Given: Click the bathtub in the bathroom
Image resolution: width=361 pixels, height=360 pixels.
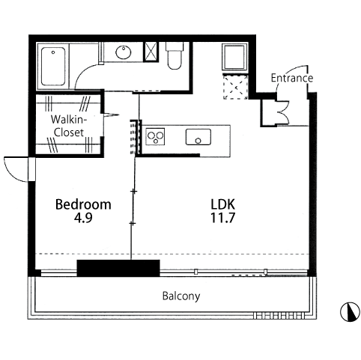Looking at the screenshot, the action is click(53, 66).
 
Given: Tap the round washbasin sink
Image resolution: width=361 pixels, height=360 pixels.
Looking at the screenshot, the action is click(124, 52).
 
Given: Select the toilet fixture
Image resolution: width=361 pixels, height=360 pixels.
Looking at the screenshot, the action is click(175, 55).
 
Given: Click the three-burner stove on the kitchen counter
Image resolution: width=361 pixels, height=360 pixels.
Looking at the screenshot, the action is click(155, 136).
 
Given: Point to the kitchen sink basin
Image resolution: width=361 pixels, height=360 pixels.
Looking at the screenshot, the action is click(198, 137).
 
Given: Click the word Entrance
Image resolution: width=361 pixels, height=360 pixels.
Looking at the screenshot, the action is click(292, 78).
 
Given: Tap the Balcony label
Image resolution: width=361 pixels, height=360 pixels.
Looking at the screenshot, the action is click(181, 296).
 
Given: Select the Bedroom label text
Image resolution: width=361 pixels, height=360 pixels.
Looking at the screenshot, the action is click(83, 204).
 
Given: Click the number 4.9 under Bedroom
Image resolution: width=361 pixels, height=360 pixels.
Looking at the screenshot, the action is click(83, 218).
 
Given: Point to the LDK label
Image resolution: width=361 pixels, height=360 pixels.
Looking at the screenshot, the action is click(223, 204).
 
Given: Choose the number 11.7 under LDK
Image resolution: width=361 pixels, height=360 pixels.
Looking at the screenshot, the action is click(222, 218).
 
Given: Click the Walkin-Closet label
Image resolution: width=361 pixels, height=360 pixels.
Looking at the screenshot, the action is click(69, 126).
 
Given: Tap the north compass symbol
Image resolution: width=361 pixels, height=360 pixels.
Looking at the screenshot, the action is click(350, 311).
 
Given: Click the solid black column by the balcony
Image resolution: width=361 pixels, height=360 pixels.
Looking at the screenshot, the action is click(118, 268).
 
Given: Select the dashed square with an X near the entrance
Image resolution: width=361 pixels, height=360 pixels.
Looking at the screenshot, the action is click(235, 87).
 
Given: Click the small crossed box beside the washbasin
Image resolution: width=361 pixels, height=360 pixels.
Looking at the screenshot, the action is click(151, 52).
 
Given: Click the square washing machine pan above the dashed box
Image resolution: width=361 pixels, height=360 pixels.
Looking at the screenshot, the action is click(234, 58).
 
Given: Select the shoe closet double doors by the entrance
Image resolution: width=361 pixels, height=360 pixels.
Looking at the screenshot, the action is click(283, 112).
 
